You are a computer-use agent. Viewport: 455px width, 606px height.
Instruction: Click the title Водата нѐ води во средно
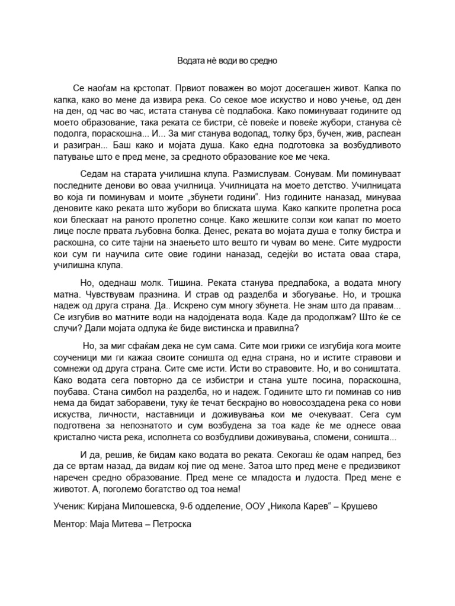tap(227, 60)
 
